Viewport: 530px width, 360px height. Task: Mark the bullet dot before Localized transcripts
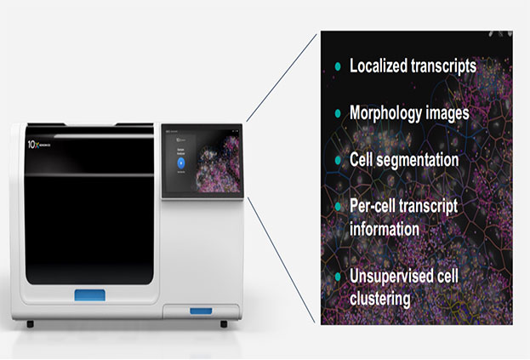coord(338,66)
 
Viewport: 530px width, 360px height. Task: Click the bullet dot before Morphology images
coord(338,113)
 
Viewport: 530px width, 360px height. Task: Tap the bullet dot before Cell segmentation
coord(338,159)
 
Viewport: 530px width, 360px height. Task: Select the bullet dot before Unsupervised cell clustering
coord(338,277)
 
